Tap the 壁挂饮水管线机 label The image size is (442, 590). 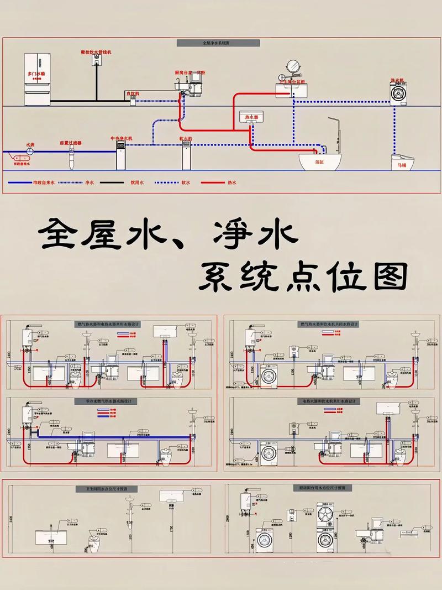tap(96, 51)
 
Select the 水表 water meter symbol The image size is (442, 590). tap(30, 151)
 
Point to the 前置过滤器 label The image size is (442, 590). tap(70, 143)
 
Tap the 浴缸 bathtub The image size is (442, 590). tap(320, 161)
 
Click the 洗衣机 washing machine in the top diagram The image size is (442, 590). tap(398, 92)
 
